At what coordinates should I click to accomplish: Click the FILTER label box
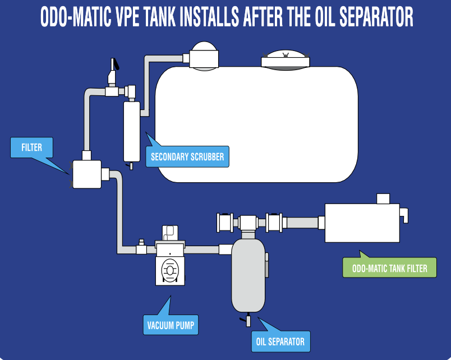click(32, 148)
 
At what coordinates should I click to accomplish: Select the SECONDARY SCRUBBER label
click(187, 156)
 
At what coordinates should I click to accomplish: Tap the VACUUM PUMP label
click(171, 325)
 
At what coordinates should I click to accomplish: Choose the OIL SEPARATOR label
click(280, 341)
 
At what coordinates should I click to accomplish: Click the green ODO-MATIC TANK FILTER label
click(389, 268)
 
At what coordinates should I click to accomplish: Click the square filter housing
click(86, 174)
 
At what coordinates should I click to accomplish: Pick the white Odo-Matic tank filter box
click(362, 223)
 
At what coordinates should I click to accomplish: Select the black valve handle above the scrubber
click(114, 64)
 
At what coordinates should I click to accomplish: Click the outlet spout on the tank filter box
click(404, 214)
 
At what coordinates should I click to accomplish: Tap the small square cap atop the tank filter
click(383, 199)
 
